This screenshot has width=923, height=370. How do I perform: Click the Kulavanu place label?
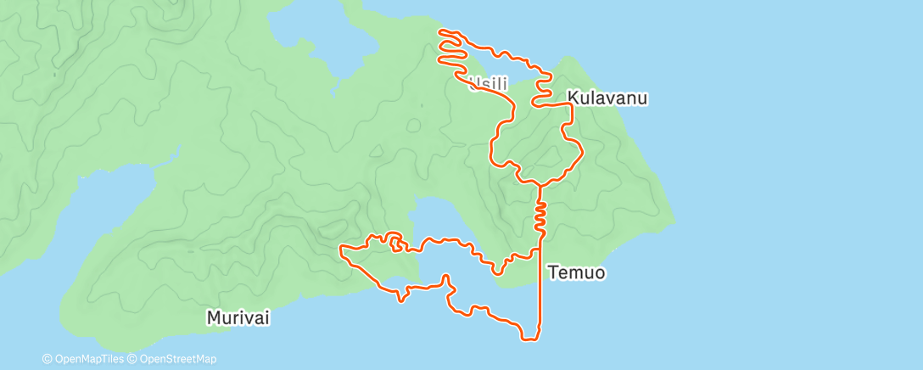point(608,98)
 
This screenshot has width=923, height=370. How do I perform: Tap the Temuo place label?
point(577,272)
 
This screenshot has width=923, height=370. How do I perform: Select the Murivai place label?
point(238,317)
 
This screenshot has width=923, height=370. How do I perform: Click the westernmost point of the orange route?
point(340,249)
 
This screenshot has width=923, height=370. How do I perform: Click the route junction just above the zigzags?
point(539,184)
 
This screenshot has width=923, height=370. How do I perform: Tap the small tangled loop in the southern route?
point(395,242)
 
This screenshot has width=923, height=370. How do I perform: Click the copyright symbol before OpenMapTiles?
point(48,359)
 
